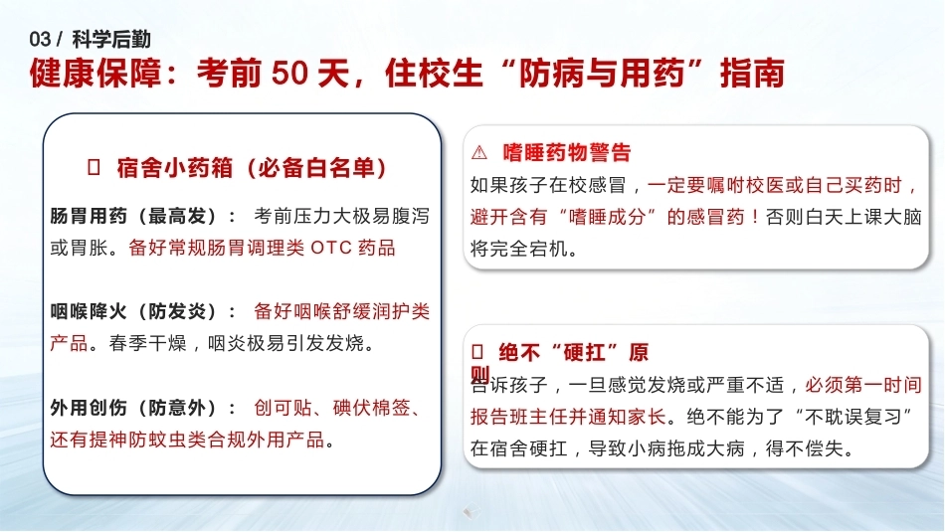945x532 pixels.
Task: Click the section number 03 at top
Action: (40, 40)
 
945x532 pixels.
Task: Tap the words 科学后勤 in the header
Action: (111, 40)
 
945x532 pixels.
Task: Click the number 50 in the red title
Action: (289, 73)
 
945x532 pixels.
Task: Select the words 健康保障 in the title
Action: (95, 73)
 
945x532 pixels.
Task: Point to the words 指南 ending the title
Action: (752, 73)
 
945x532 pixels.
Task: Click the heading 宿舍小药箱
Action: (175, 167)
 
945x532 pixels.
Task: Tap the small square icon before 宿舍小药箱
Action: (94, 167)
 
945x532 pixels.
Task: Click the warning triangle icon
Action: (479, 152)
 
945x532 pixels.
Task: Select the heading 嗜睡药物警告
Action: (567, 152)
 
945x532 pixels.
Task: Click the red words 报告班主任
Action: (519, 417)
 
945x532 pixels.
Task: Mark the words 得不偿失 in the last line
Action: (805, 448)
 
